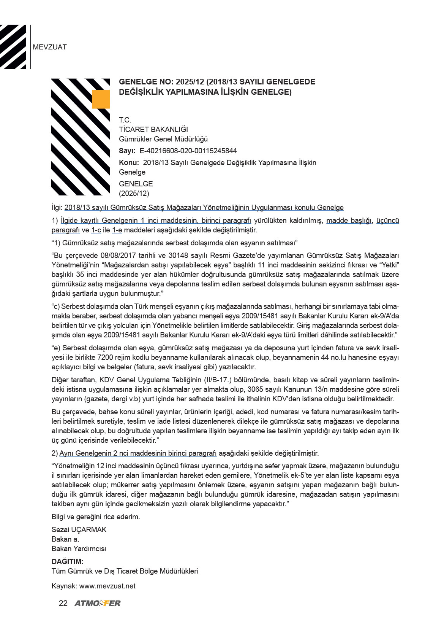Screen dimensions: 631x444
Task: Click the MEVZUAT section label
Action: coord(50,47)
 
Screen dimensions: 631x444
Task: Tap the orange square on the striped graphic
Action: coord(101,99)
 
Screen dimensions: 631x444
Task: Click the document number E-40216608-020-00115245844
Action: coord(188,151)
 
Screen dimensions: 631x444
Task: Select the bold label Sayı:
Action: coord(127,151)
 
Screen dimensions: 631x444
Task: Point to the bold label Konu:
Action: coord(129,163)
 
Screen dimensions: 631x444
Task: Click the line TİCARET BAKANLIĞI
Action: coord(153,129)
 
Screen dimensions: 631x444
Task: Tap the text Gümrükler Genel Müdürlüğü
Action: coord(163,139)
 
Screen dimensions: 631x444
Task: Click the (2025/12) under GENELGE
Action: coord(134,193)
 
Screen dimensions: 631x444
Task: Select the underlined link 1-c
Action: coord(96,230)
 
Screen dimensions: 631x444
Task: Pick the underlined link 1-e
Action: coord(117,230)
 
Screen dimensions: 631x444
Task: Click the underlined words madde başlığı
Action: coord(349,221)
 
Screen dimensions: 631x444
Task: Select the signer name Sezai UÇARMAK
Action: coord(79,529)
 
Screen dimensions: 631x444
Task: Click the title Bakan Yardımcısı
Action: coord(79,548)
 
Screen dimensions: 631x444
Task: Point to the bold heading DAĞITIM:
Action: coord(68,561)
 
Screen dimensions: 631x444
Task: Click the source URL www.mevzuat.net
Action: coord(107,586)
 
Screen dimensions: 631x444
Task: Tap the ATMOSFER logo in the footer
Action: coord(98,603)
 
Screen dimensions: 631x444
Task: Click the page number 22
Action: coord(63,603)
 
